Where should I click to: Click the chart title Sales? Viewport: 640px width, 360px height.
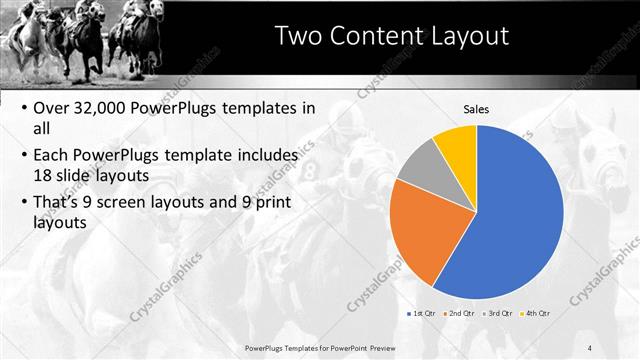coord(477,109)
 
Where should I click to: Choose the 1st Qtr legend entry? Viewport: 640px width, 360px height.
coord(423,313)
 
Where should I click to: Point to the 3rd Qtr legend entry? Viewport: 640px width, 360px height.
coord(500,313)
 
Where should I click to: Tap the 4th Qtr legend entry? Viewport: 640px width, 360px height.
coord(538,313)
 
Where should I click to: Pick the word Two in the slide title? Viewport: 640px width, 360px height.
coord(298,36)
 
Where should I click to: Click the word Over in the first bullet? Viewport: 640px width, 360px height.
coord(53,107)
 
